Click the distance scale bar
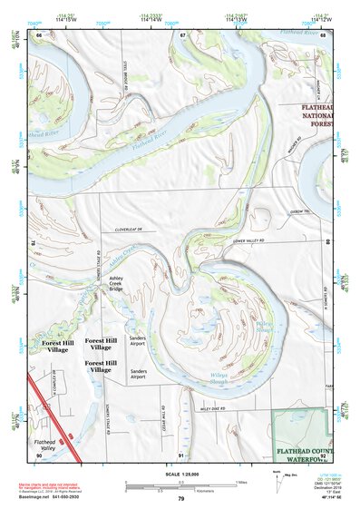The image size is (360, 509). click(x=180, y=486)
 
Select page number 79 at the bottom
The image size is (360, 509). click(x=180, y=498)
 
